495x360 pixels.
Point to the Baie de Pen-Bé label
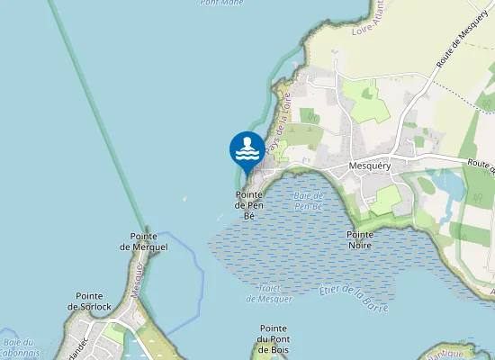click(308, 201)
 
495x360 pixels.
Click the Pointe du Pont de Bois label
click(273, 338)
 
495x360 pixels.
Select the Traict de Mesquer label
click(271, 292)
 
